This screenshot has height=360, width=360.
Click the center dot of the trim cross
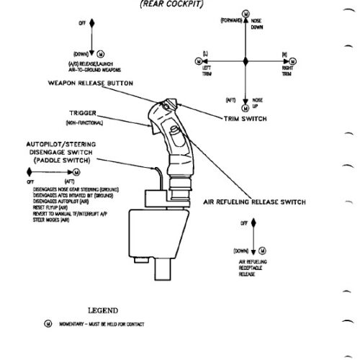tap(246, 60)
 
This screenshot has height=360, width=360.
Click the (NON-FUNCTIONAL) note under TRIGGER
tap(86, 122)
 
